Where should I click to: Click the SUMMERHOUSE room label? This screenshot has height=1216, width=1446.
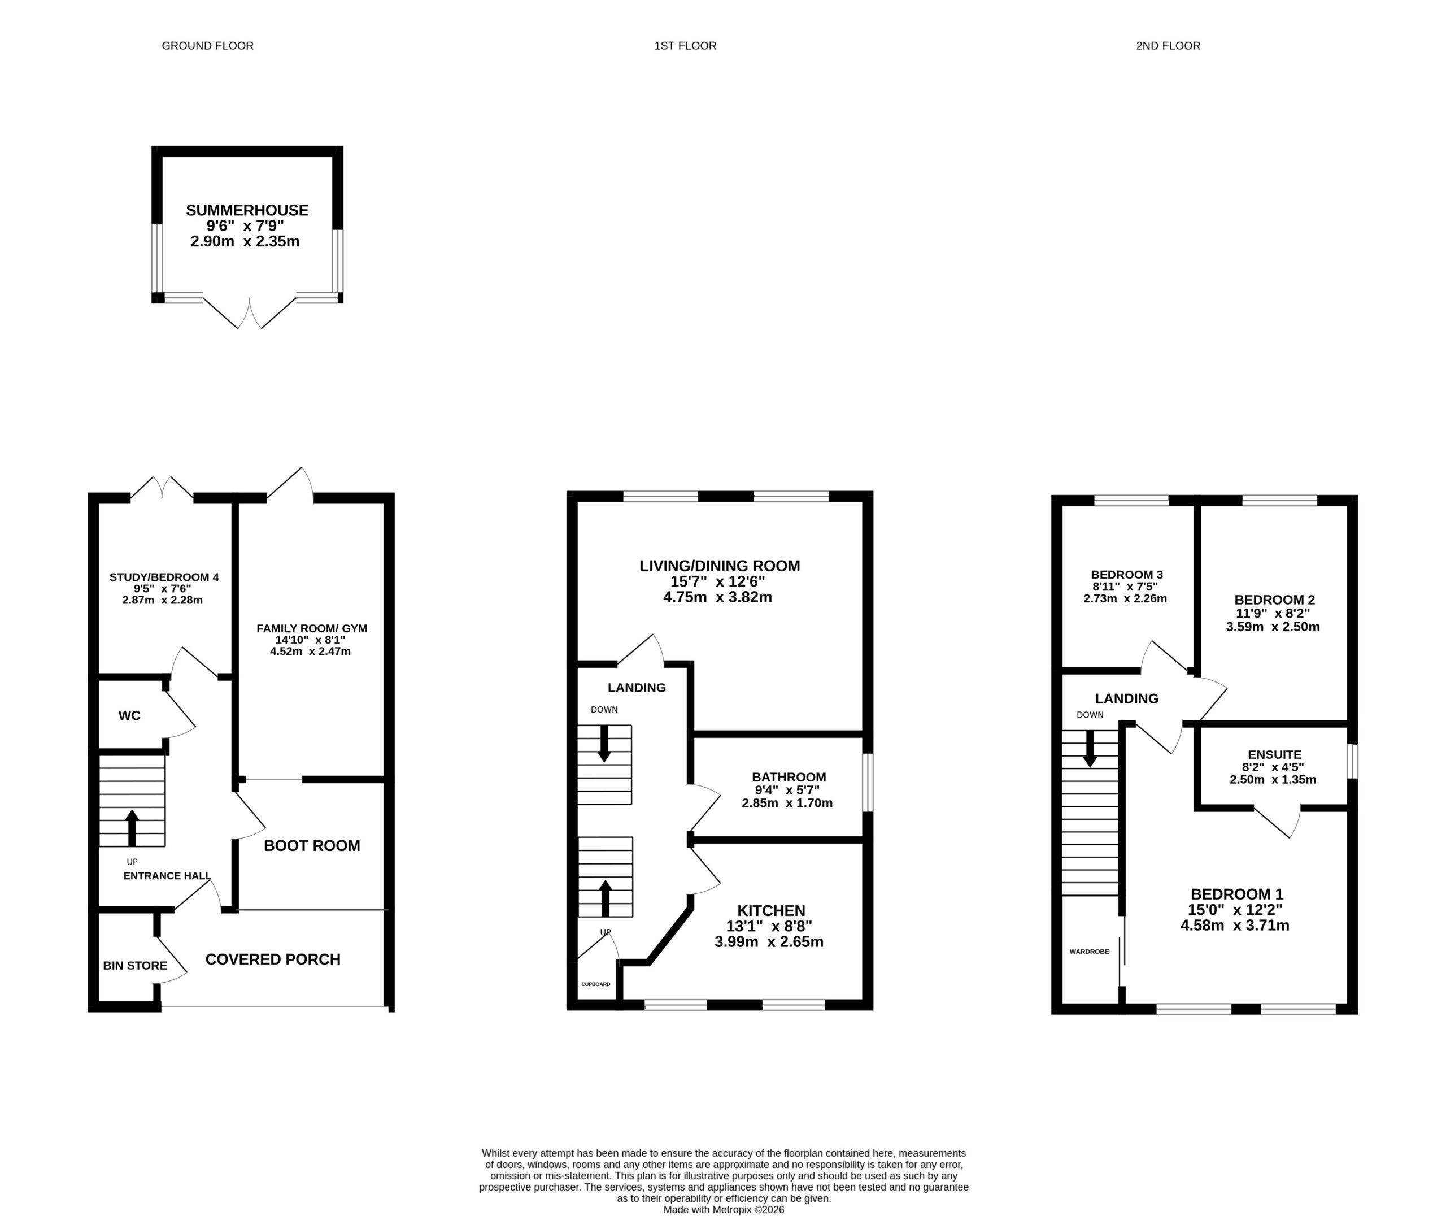pyautogui.click(x=247, y=210)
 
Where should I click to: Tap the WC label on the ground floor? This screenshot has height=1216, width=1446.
pyautogui.click(x=129, y=715)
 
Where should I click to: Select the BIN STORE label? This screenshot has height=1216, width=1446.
pyautogui.click(x=135, y=966)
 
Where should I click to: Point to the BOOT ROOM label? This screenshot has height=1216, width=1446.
pyautogui.click(x=312, y=846)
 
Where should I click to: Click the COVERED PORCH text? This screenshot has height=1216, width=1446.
pyautogui.click(x=273, y=959)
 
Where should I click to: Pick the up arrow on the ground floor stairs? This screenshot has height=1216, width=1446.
pyautogui.click(x=132, y=828)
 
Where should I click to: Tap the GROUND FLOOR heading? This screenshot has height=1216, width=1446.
pyautogui.click(x=207, y=46)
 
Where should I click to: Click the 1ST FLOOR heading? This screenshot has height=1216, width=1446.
pyautogui.click(x=686, y=46)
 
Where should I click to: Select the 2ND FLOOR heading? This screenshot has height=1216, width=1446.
pyautogui.click(x=1168, y=46)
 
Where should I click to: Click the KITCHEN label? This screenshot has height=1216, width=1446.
pyautogui.click(x=771, y=911)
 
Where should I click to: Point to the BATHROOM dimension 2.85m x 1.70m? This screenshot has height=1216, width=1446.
pyautogui.click(x=787, y=803)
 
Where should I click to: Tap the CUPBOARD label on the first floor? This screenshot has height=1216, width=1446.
pyautogui.click(x=596, y=984)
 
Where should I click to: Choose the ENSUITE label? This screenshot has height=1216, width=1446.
pyautogui.click(x=1274, y=755)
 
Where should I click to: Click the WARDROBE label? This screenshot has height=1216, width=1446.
pyautogui.click(x=1089, y=952)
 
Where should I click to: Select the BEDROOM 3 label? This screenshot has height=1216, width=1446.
pyautogui.click(x=1127, y=575)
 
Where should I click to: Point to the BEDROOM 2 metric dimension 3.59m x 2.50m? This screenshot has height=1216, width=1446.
pyautogui.click(x=1273, y=627)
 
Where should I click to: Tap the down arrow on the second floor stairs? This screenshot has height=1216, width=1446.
pyautogui.click(x=1090, y=749)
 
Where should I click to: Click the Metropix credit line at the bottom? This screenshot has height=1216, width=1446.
pyautogui.click(x=724, y=1210)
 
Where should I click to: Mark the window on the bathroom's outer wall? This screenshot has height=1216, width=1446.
pyautogui.click(x=868, y=783)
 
